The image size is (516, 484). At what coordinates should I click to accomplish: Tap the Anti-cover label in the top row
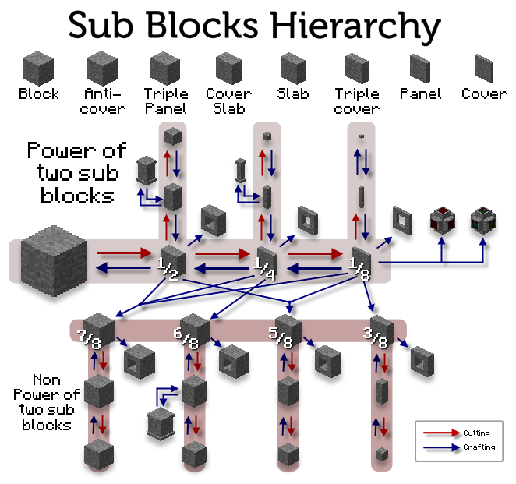click(x=102, y=101)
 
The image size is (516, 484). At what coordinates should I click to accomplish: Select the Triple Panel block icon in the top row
click(x=166, y=67)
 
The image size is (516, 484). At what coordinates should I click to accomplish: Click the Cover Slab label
click(x=229, y=101)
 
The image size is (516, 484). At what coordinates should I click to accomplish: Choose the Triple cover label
click(x=357, y=101)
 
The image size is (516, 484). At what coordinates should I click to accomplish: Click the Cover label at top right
click(x=484, y=94)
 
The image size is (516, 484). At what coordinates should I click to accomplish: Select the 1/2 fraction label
click(x=170, y=266)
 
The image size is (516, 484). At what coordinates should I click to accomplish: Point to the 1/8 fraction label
click(x=360, y=266)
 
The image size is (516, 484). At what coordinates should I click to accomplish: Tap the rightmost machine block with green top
click(x=483, y=222)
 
